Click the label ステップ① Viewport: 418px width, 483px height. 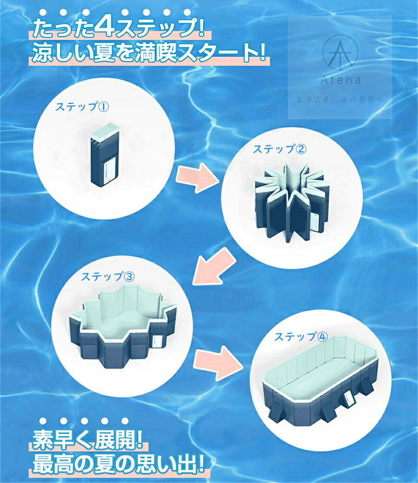tap(82, 107)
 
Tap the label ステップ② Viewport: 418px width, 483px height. tap(280, 149)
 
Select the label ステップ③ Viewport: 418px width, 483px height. tap(108, 277)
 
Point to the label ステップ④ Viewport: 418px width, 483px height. tap(301, 337)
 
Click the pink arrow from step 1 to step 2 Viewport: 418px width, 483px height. tap(198, 178)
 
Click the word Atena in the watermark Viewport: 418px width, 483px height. tap(341, 80)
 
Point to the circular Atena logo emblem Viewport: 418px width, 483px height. tap(340, 52)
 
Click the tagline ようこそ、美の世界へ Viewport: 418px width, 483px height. tap(340, 100)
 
